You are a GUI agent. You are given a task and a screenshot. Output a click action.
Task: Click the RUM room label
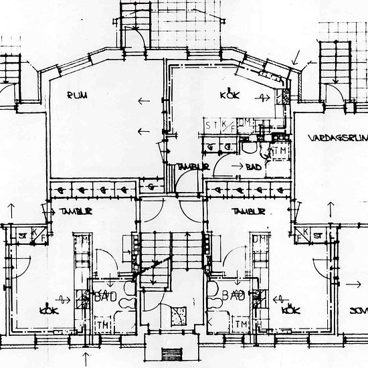click(78, 96)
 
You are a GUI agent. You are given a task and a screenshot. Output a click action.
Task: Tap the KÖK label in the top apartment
click(230, 96)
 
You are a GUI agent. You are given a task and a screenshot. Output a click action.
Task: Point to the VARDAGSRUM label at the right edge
click(338, 138)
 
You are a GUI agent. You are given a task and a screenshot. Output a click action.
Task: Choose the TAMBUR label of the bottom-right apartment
click(246, 211)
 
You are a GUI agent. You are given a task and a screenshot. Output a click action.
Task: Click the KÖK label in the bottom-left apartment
click(45, 310)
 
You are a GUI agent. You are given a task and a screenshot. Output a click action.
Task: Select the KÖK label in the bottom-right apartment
click(290, 310)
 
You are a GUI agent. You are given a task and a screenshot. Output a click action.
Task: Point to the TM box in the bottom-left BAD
click(104, 325)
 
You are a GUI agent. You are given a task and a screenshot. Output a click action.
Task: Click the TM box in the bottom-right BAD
click(238, 325)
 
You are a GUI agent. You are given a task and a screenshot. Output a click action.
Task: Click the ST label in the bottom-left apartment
click(22, 235)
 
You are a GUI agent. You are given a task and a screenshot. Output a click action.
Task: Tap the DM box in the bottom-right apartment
click(256, 240)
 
